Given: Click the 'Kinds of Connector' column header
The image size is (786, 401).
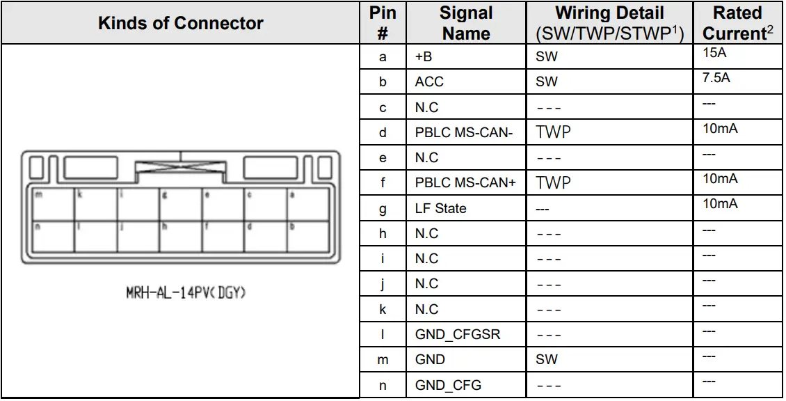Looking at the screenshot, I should click(181, 23).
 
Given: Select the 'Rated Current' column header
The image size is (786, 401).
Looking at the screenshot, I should click(737, 23).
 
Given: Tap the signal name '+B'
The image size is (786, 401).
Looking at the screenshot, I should click(424, 57).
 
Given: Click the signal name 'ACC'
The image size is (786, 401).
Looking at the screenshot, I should click(429, 82).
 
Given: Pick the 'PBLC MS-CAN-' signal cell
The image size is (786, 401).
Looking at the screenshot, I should click(464, 132).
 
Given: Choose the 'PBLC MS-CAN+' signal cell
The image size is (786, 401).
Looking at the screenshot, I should click(465, 183).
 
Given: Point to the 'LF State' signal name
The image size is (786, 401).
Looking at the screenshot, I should click(440, 208).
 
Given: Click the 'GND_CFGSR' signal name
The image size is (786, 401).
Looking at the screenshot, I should click(457, 335).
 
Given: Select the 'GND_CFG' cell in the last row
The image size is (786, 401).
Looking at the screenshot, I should click(448, 385).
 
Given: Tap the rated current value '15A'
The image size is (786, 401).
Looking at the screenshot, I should click(714, 53).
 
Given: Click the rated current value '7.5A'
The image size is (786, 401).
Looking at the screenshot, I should click(716, 78).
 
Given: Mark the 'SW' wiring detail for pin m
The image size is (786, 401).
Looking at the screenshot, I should click(547, 360).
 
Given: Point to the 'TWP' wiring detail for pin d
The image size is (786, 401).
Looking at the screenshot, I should click(553, 132).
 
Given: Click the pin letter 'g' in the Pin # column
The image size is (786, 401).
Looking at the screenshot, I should click(383, 208).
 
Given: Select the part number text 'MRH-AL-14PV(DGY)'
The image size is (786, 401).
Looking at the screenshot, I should click(186, 293).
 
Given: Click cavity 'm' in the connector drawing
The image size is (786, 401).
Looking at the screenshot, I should click(52, 205).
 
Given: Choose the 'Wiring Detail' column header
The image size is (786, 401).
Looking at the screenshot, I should click(609, 23).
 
